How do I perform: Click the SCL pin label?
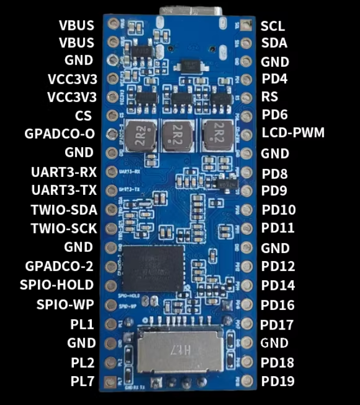273,26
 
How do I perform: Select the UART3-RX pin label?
64,172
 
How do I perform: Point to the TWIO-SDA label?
65,210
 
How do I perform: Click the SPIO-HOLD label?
56,284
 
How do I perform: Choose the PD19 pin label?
277,381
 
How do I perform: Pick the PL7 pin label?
83,381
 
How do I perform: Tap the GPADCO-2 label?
59,266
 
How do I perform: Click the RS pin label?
269,98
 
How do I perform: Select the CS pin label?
84,116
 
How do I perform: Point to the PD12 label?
277,266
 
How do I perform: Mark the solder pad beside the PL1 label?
112,325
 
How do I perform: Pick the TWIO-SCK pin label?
65,228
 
